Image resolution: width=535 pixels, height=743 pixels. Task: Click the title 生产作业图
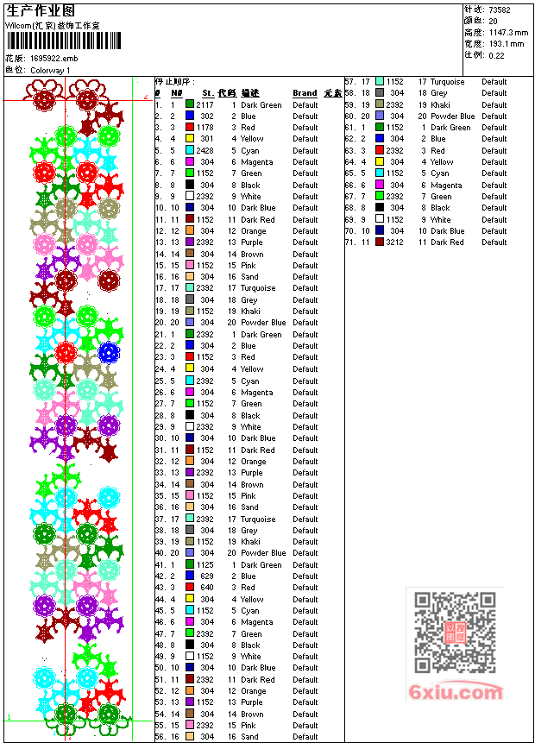click(41, 9)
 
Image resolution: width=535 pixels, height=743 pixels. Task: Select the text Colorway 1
click(51, 70)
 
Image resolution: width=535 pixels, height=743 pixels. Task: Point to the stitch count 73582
click(500, 9)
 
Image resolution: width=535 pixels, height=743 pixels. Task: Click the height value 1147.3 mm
click(508, 32)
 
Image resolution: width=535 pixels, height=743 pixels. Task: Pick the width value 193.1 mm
click(506, 43)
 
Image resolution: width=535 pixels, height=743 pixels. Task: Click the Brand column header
click(305, 93)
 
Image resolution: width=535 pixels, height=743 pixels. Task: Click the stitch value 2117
click(205, 105)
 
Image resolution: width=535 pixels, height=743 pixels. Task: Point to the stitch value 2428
click(205, 151)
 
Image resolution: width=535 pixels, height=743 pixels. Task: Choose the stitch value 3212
click(394, 242)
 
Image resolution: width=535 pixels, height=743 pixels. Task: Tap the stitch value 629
click(207, 576)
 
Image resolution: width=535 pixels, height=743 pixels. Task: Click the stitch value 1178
click(205, 128)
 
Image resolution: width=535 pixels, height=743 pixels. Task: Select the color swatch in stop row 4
click(190, 139)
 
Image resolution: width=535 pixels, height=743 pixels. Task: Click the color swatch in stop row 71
click(380, 242)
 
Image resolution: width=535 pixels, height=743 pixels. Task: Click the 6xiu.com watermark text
click(456, 692)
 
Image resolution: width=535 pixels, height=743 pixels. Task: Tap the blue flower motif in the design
click(108, 352)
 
